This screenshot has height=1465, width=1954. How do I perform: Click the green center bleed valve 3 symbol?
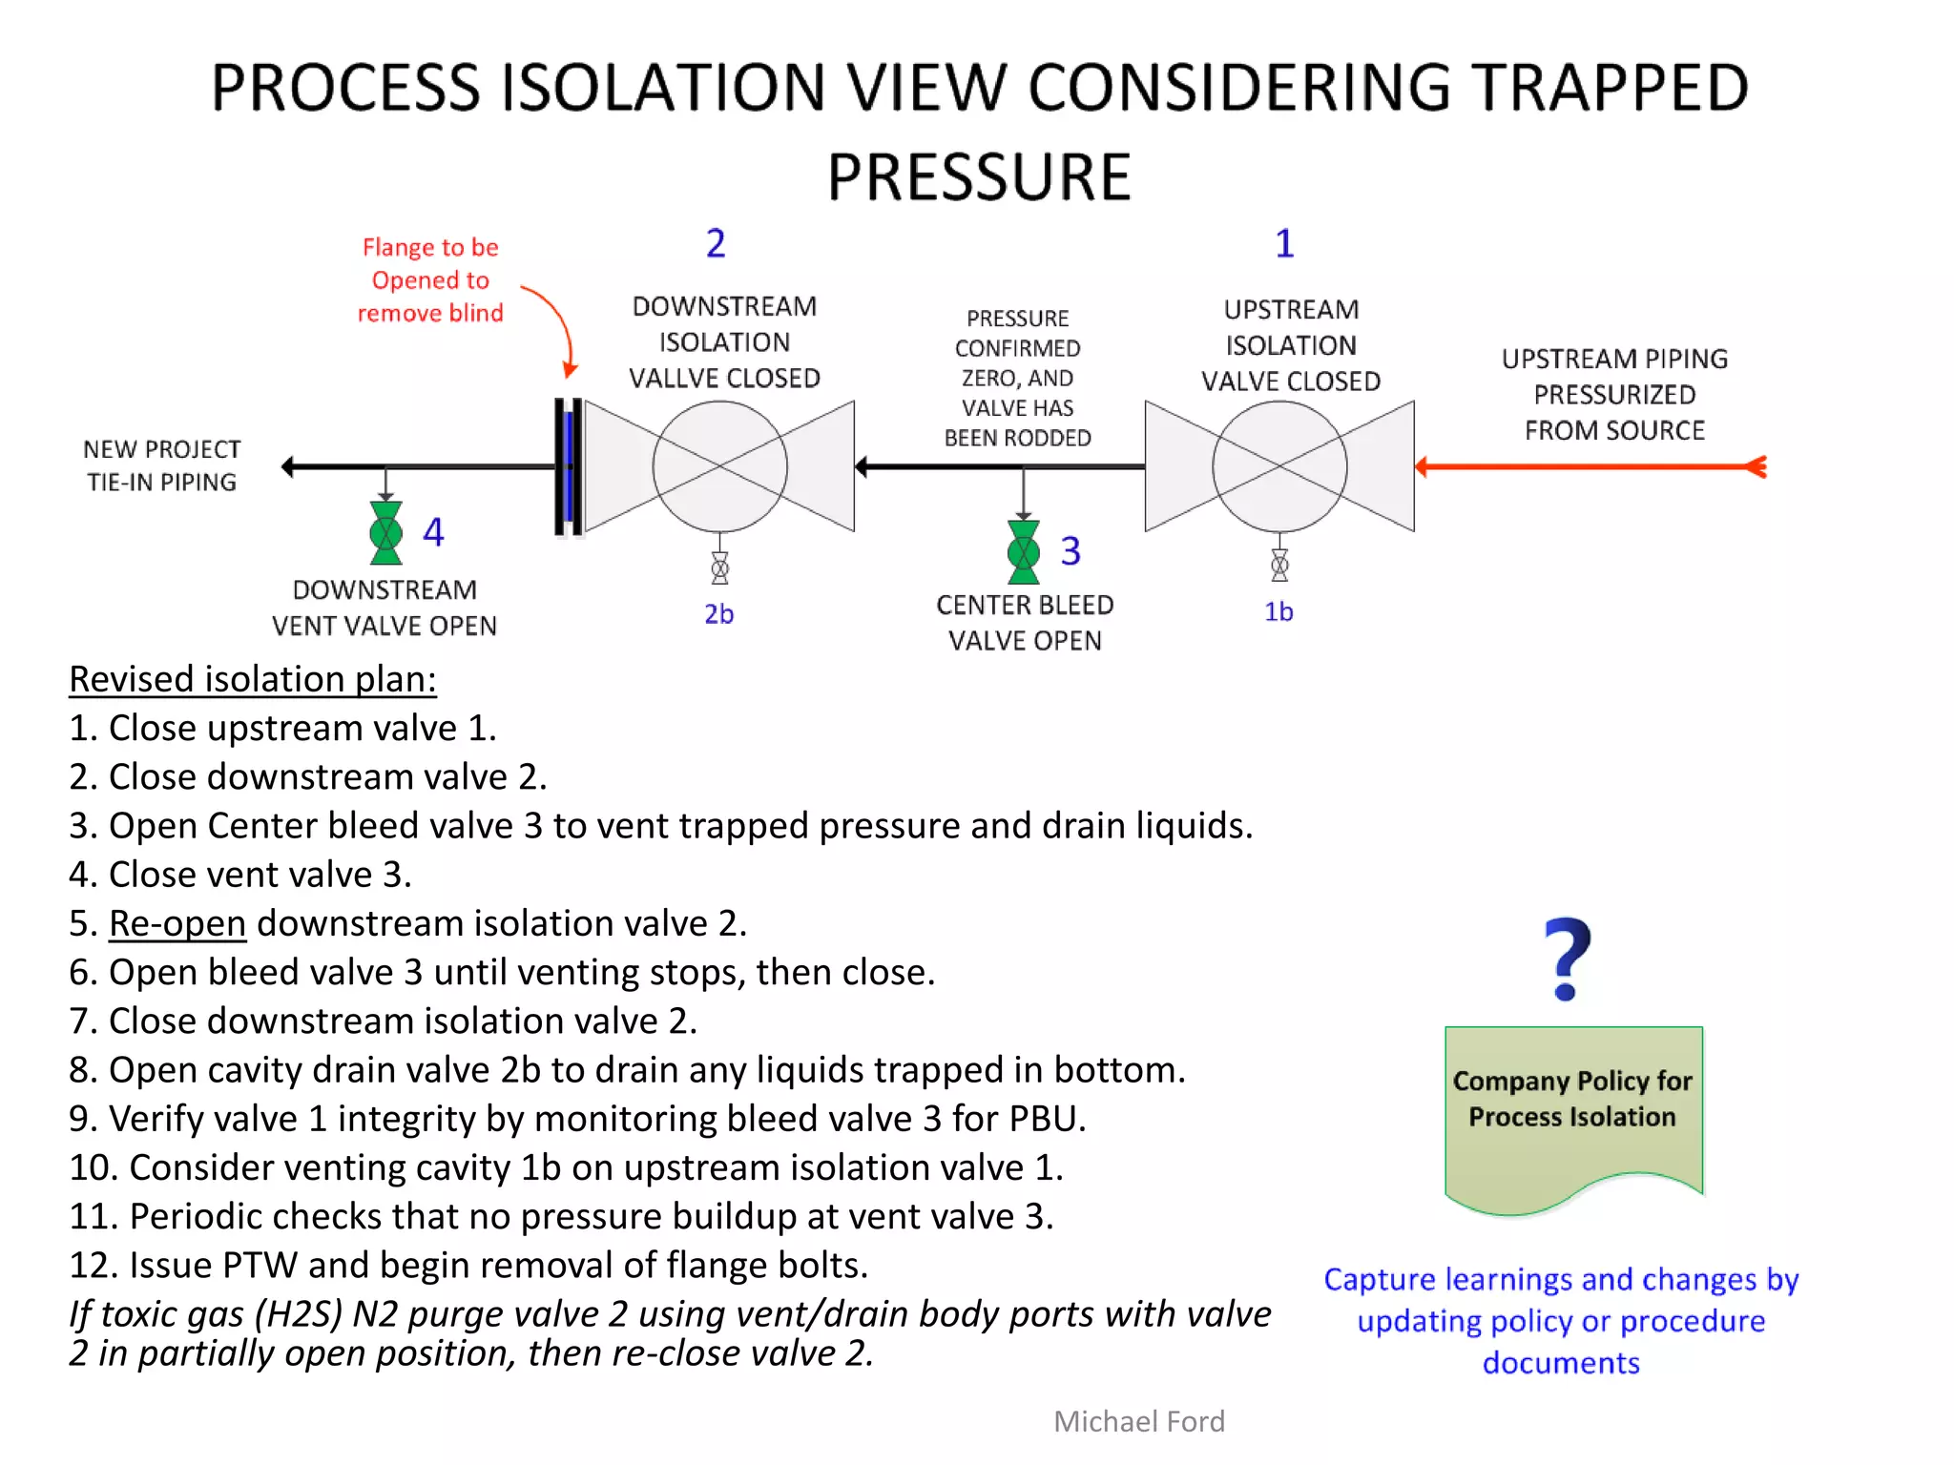(1023, 551)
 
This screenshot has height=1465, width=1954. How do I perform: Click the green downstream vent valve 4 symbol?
(385, 533)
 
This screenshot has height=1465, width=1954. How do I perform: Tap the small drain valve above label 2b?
(720, 569)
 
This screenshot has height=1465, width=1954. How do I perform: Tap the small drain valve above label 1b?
(1279, 566)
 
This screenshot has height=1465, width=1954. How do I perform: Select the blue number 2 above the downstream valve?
(716, 244)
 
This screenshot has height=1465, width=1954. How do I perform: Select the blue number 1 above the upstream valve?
(1284, 244)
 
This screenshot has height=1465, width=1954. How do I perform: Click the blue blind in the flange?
(570, 466)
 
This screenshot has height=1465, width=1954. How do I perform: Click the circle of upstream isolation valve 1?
(1279, 466)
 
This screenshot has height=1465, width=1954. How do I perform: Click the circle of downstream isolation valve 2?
(720, 466)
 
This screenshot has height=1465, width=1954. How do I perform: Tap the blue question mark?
(1567, 959)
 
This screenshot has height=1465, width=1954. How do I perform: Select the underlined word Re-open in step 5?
(177, 923)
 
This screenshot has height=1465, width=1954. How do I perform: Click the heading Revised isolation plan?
(253, 679)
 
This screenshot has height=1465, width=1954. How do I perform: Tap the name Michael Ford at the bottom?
(1138, 1421)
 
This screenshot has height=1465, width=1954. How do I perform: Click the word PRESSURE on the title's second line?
(979, 177)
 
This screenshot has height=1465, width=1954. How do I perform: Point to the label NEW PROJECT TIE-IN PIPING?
(162, 465)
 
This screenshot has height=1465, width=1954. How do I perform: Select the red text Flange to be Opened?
(430, 264)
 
